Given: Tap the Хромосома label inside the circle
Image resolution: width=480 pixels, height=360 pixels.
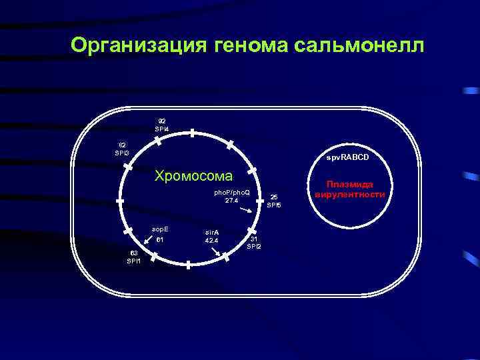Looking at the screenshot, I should tap(193, 177).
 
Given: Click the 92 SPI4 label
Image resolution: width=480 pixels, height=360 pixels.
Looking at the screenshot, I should tap(162, 125).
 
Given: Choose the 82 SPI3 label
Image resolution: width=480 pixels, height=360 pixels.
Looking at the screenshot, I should tap(123, 149).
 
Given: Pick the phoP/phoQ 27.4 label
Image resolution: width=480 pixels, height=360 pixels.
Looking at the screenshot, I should tap(231, 196).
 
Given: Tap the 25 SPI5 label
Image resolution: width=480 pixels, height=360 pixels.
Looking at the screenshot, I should tap(274, 201).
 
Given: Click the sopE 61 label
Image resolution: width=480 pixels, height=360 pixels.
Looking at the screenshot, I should tap(160, 233).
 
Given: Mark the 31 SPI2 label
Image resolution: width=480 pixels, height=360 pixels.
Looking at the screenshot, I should tap(254, 242).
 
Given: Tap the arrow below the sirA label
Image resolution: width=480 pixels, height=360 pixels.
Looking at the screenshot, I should tap(215, 251).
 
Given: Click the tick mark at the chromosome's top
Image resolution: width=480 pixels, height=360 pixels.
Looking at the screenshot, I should tap(191, 133).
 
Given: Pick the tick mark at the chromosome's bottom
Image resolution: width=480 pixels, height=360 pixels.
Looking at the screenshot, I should tap(189, 265).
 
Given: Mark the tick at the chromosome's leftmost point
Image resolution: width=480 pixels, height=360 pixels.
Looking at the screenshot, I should tap(120, 199).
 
